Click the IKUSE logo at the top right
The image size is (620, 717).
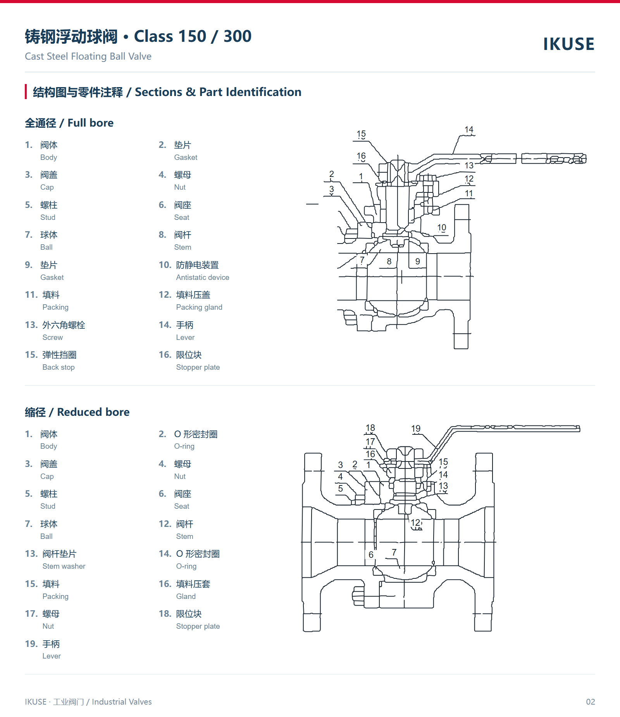click(x=568, y=44)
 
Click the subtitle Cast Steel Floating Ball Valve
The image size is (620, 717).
click(x=88, y=57)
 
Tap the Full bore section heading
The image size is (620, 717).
click(x=69, y=123)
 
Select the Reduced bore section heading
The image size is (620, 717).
click(x=77, y=412)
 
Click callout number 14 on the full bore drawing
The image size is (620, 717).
click(x=469, y=129)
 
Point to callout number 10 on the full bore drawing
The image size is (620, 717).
click(x=442, y=228)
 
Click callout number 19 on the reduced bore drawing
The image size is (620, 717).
click(x=416, y=429)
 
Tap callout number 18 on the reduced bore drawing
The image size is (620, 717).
click(x=370, y=428)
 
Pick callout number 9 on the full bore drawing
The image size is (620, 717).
click(x=418, y=261)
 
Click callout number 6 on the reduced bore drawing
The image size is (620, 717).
click(x=371, y=555)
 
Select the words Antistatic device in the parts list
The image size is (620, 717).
click(x=203, y=278)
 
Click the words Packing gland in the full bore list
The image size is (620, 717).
click(x=199, y=307)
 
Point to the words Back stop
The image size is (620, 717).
click(x=59, y=367)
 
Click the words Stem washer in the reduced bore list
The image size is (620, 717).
click(x=64, y=566)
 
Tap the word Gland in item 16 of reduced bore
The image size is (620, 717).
click(x=186, y=597)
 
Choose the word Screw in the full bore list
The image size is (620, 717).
click(x=53, y=338)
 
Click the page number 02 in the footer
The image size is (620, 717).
click(x=591, y=702)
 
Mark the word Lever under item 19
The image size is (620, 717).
click(x=52, y=656)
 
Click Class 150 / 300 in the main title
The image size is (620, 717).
click(x=193, y=36)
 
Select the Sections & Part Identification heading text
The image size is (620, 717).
click(x=218, y=92)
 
